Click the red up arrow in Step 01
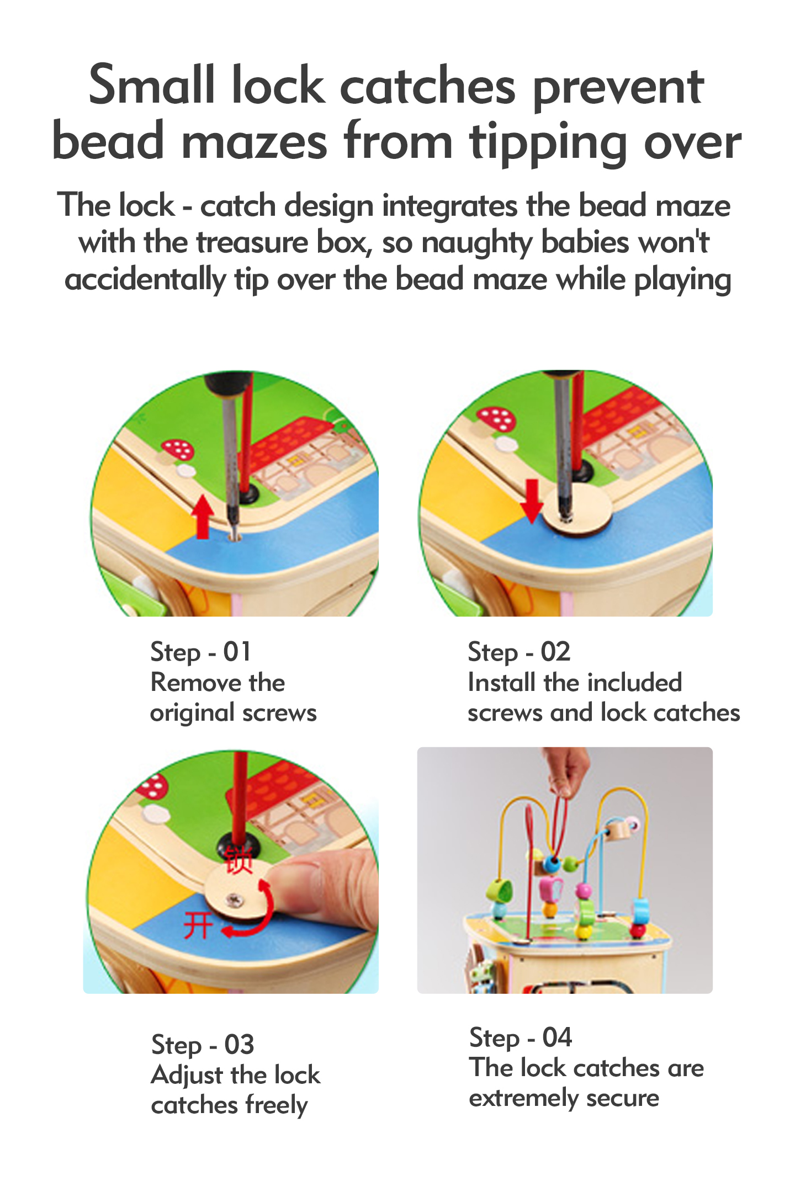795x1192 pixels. (204, 517)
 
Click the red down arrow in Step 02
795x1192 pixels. (532, 501)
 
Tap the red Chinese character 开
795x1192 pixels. (198, 925)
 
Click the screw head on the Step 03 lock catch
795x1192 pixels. (237, 901)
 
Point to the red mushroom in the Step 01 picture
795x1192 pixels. (177, 449)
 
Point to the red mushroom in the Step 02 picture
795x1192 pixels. (496, 419)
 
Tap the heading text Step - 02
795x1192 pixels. (519, 652)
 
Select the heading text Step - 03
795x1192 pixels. (203, 1045)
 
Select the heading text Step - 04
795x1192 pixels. (521, 1037)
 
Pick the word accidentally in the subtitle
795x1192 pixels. (145, 279)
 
